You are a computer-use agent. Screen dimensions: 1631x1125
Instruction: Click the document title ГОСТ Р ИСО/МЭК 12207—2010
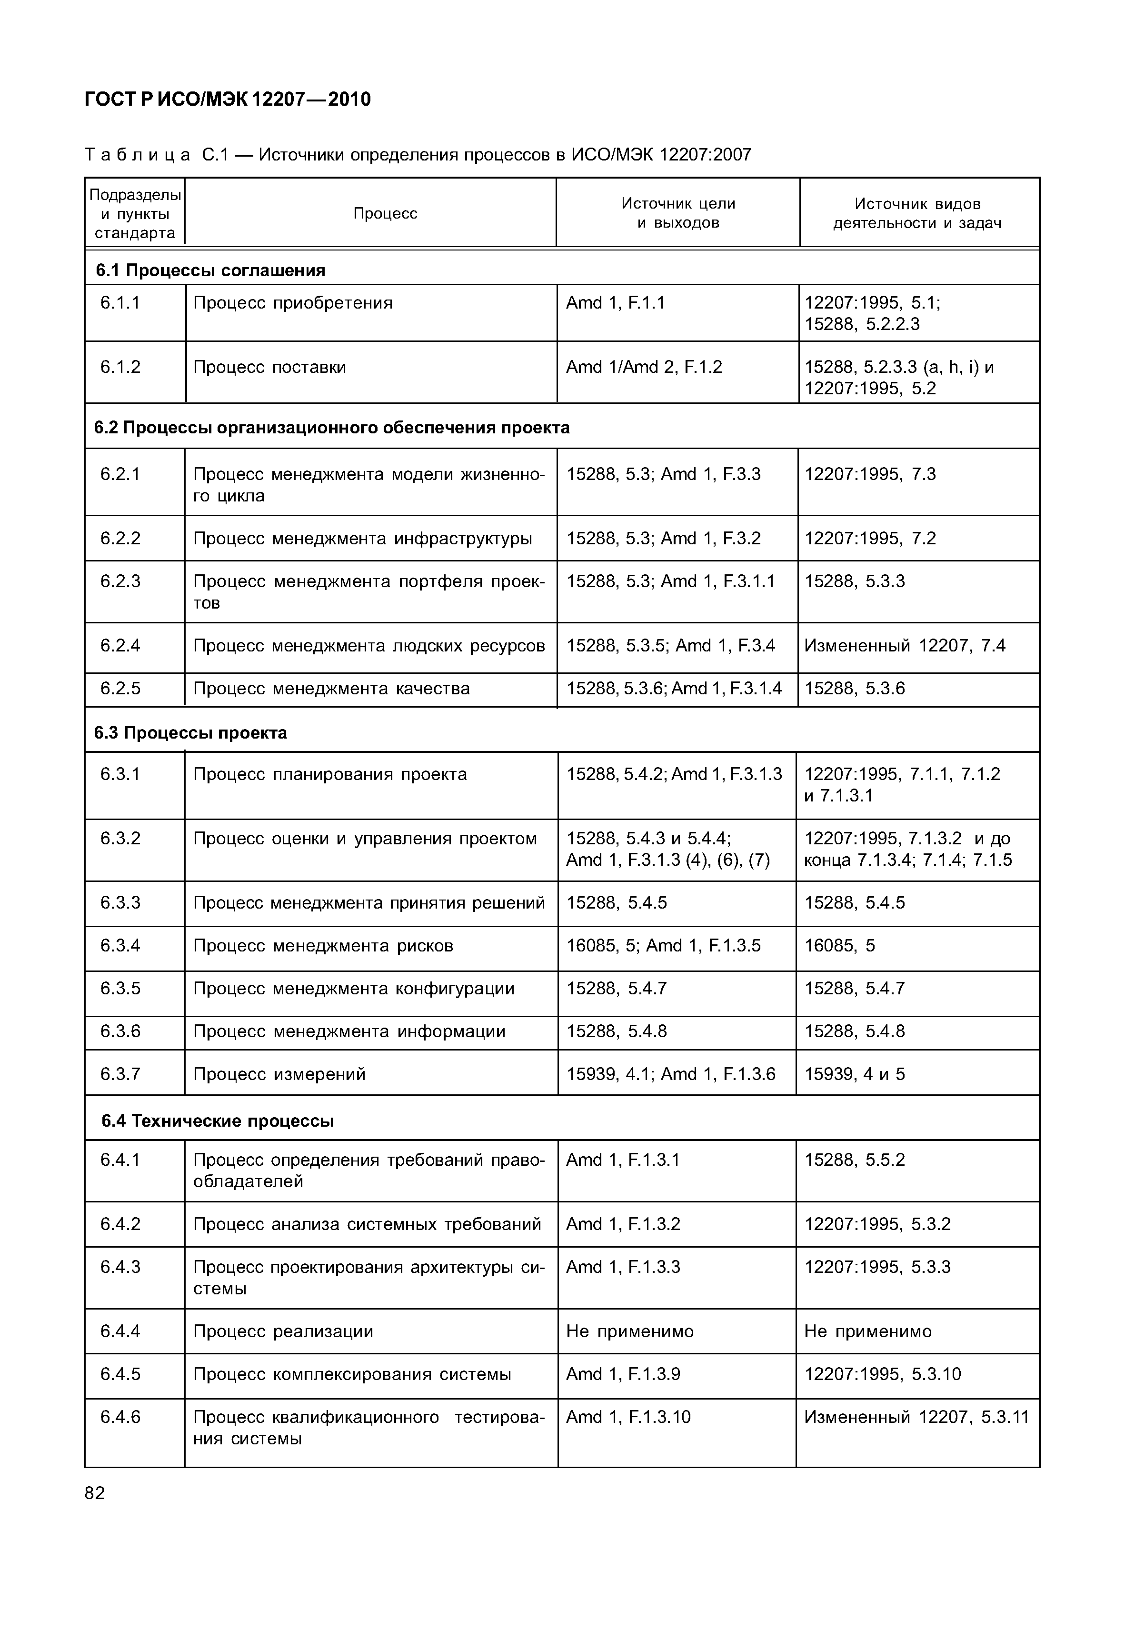point(227,100)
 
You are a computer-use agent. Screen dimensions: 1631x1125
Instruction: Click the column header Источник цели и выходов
point(677,213)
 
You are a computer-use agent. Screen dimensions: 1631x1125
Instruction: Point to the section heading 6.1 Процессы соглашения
point(210,270)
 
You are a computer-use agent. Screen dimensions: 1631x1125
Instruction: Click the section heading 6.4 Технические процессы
point(217,1121)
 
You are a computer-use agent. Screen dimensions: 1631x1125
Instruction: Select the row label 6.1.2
point(120,367)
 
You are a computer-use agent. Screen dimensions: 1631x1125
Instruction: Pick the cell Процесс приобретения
point(292,303)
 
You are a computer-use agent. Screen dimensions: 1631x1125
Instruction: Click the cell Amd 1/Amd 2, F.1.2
point(644,367)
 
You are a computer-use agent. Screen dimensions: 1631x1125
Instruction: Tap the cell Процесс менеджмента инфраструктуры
point(362,539)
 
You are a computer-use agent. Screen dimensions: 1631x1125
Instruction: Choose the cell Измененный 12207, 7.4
point(905,646)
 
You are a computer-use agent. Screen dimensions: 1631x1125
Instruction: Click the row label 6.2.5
point(120,689)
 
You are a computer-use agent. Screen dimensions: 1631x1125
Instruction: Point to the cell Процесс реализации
point(283,1331)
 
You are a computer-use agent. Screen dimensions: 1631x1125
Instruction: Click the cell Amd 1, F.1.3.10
point(628,1417)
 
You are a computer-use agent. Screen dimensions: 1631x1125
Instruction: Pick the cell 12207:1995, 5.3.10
point(883,1374)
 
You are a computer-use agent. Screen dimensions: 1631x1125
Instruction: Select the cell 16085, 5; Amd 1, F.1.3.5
point(663,945)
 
